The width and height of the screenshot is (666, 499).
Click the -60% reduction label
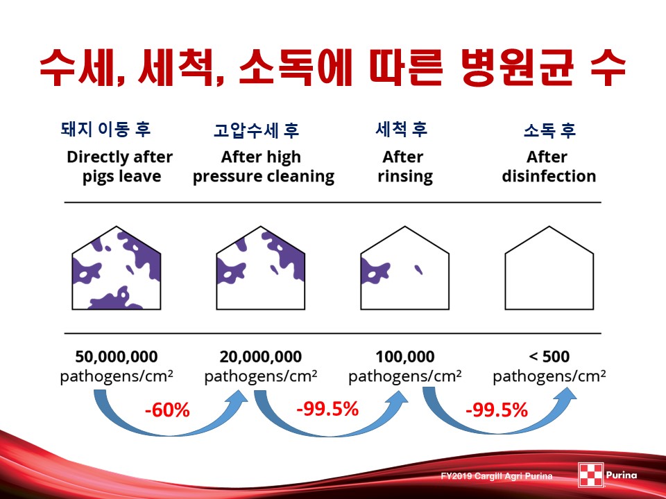coord(167,410)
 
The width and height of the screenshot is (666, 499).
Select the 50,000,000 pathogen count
coord(117,356)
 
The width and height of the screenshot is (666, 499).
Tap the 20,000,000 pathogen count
coord(261,356)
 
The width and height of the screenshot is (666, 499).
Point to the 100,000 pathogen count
coord(405,356)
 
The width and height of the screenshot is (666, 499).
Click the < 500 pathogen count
coord(549,356)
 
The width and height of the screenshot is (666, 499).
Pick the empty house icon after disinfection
coord(549,268)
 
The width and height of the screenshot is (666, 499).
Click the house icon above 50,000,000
coord(117,268)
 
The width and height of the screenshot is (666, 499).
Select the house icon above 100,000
coord(404,268)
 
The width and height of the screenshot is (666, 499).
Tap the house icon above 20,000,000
coord(261,268)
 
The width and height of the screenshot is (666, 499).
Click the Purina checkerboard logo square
coord(591,475)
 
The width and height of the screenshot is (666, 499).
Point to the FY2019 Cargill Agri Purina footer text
coord(497,476)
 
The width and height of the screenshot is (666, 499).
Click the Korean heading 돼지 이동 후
coord(105,130)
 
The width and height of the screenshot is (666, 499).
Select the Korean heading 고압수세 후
coord(257,130)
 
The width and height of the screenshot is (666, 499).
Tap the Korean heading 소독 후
coord(549,130)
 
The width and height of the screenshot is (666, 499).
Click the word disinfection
coord(549,176)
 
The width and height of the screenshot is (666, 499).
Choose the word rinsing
coord(405,177)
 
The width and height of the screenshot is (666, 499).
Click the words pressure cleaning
coord(264,177)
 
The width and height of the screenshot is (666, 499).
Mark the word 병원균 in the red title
coord(518,68)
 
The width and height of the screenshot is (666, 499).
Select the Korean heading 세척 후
coord(402,130)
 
